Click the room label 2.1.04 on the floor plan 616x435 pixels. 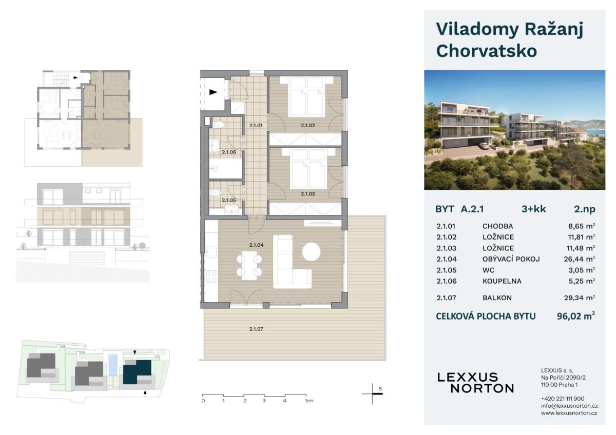(256, 245)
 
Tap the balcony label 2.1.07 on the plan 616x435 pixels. (256, 329)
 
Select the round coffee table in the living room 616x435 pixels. (311, 252)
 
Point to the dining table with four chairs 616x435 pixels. (249, 266)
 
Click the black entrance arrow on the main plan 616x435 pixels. (214, 92)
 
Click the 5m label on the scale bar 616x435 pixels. (309, 401)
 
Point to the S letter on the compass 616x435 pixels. (380, 388)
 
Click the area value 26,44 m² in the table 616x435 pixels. (580, 259)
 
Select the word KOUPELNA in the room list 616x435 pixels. (502, 281)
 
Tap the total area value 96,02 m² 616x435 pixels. (576, 316)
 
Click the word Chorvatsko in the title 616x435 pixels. (487, 51)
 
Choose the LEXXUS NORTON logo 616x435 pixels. (475, 383)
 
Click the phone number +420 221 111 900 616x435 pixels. (563, 399)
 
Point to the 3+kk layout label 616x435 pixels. (533, 209)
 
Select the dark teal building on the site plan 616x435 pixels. (137, 372)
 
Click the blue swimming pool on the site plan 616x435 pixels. (112, 365)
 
